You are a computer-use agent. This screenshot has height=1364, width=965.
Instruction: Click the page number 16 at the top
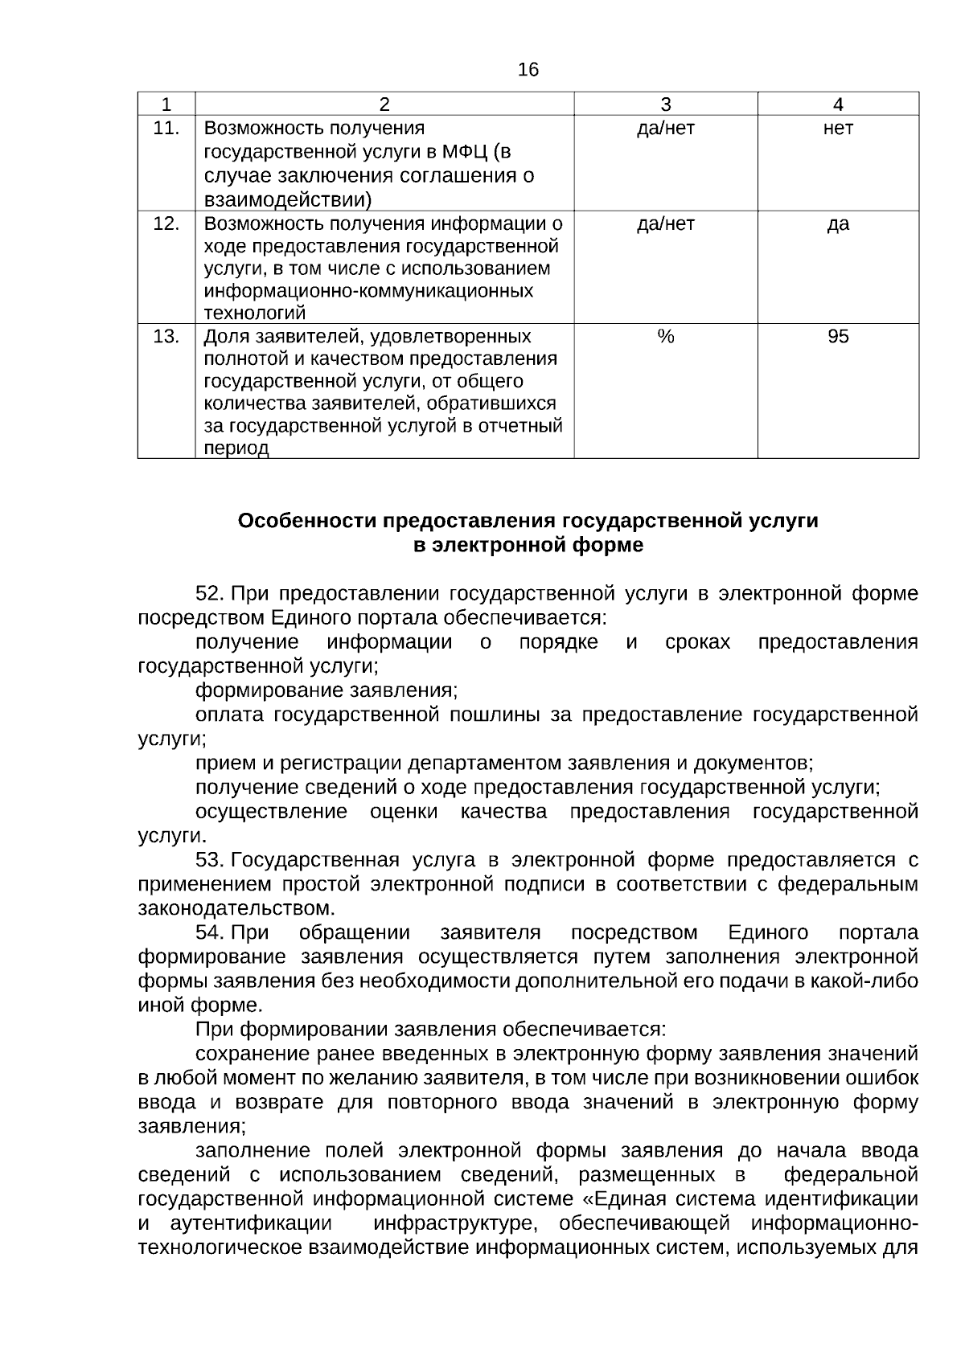[528, 71]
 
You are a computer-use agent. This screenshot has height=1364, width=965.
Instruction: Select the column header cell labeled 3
[665, 104]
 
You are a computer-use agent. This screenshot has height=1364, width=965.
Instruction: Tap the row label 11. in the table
[166, 128]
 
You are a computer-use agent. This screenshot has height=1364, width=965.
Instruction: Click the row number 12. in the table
[166, 223]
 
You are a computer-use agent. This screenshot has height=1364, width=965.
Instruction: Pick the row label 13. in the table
[166, 336]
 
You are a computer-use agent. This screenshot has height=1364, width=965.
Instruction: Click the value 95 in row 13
[837, 336]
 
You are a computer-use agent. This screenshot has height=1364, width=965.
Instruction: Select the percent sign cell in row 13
[665, 336]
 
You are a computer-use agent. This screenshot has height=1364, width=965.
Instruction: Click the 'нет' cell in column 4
[837, 128]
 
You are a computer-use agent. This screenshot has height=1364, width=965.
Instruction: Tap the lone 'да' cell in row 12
[837, 223]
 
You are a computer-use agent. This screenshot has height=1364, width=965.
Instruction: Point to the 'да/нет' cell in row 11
[665, 128]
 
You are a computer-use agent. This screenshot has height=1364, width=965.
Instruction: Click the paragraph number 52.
[210, 594]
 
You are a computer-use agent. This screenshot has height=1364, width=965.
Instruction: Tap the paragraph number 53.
[210, 860]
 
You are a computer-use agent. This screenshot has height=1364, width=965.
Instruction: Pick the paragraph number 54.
[210, 933]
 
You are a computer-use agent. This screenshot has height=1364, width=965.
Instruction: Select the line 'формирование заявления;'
[326, 690]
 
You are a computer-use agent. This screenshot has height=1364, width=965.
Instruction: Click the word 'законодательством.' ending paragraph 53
[236, 909]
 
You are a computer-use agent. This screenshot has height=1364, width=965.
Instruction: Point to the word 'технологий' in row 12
[255, 313]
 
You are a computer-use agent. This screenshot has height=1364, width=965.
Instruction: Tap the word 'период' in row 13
[236, 449]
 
